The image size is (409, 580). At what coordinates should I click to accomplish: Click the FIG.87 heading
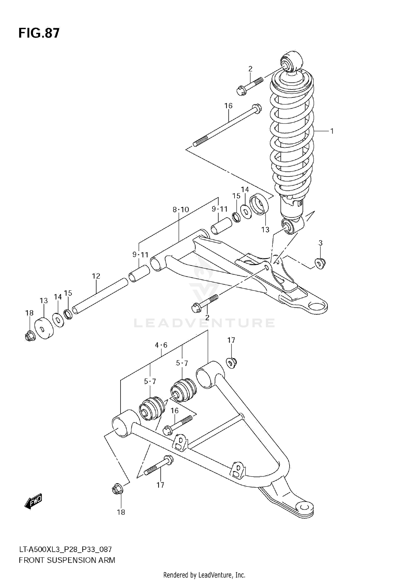39,33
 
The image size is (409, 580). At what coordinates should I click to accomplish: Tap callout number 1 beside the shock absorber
332,131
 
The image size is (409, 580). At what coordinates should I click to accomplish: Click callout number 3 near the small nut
321,243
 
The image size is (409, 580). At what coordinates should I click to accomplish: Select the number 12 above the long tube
96,276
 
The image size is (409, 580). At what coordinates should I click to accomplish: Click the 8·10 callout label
181,210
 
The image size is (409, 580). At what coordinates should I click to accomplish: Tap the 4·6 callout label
161,345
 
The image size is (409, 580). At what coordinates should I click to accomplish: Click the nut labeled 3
320,263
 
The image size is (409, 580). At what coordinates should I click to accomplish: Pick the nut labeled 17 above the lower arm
231,363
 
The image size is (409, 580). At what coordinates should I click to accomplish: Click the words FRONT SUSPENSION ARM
67,558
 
